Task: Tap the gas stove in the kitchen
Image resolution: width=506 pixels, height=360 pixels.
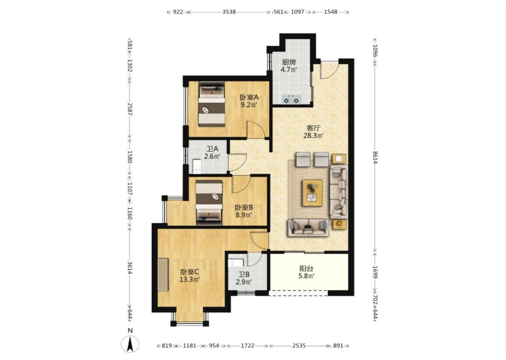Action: [291, 99]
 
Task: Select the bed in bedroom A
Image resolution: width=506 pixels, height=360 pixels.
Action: [212, 104]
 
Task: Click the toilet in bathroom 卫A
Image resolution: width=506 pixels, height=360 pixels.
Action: [197, 166]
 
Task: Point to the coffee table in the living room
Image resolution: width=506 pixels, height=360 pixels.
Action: [313, 193]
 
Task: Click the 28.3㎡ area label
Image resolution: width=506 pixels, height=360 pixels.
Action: [313, 135]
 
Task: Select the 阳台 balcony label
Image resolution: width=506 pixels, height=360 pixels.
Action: [306, 268]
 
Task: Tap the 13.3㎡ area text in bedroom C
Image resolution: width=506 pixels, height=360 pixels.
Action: [189, 279]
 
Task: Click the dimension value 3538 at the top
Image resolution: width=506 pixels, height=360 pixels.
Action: [229, 12]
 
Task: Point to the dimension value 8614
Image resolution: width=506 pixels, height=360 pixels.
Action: [375, 157]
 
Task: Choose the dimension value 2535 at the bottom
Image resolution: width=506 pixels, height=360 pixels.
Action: [299, 346]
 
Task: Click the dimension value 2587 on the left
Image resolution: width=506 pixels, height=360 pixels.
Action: [130, 109]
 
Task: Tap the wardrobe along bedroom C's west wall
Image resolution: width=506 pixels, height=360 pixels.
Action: [163, 275]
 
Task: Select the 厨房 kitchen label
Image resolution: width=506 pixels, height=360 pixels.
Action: [288, 62]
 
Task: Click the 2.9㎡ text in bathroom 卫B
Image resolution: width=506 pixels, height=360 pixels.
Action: [244, 282]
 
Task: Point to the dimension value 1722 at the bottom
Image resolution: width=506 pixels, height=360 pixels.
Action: [247, 346]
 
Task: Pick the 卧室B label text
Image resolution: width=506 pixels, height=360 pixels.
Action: [244, 207]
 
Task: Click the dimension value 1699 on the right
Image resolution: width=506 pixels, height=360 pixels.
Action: [375, 272]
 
